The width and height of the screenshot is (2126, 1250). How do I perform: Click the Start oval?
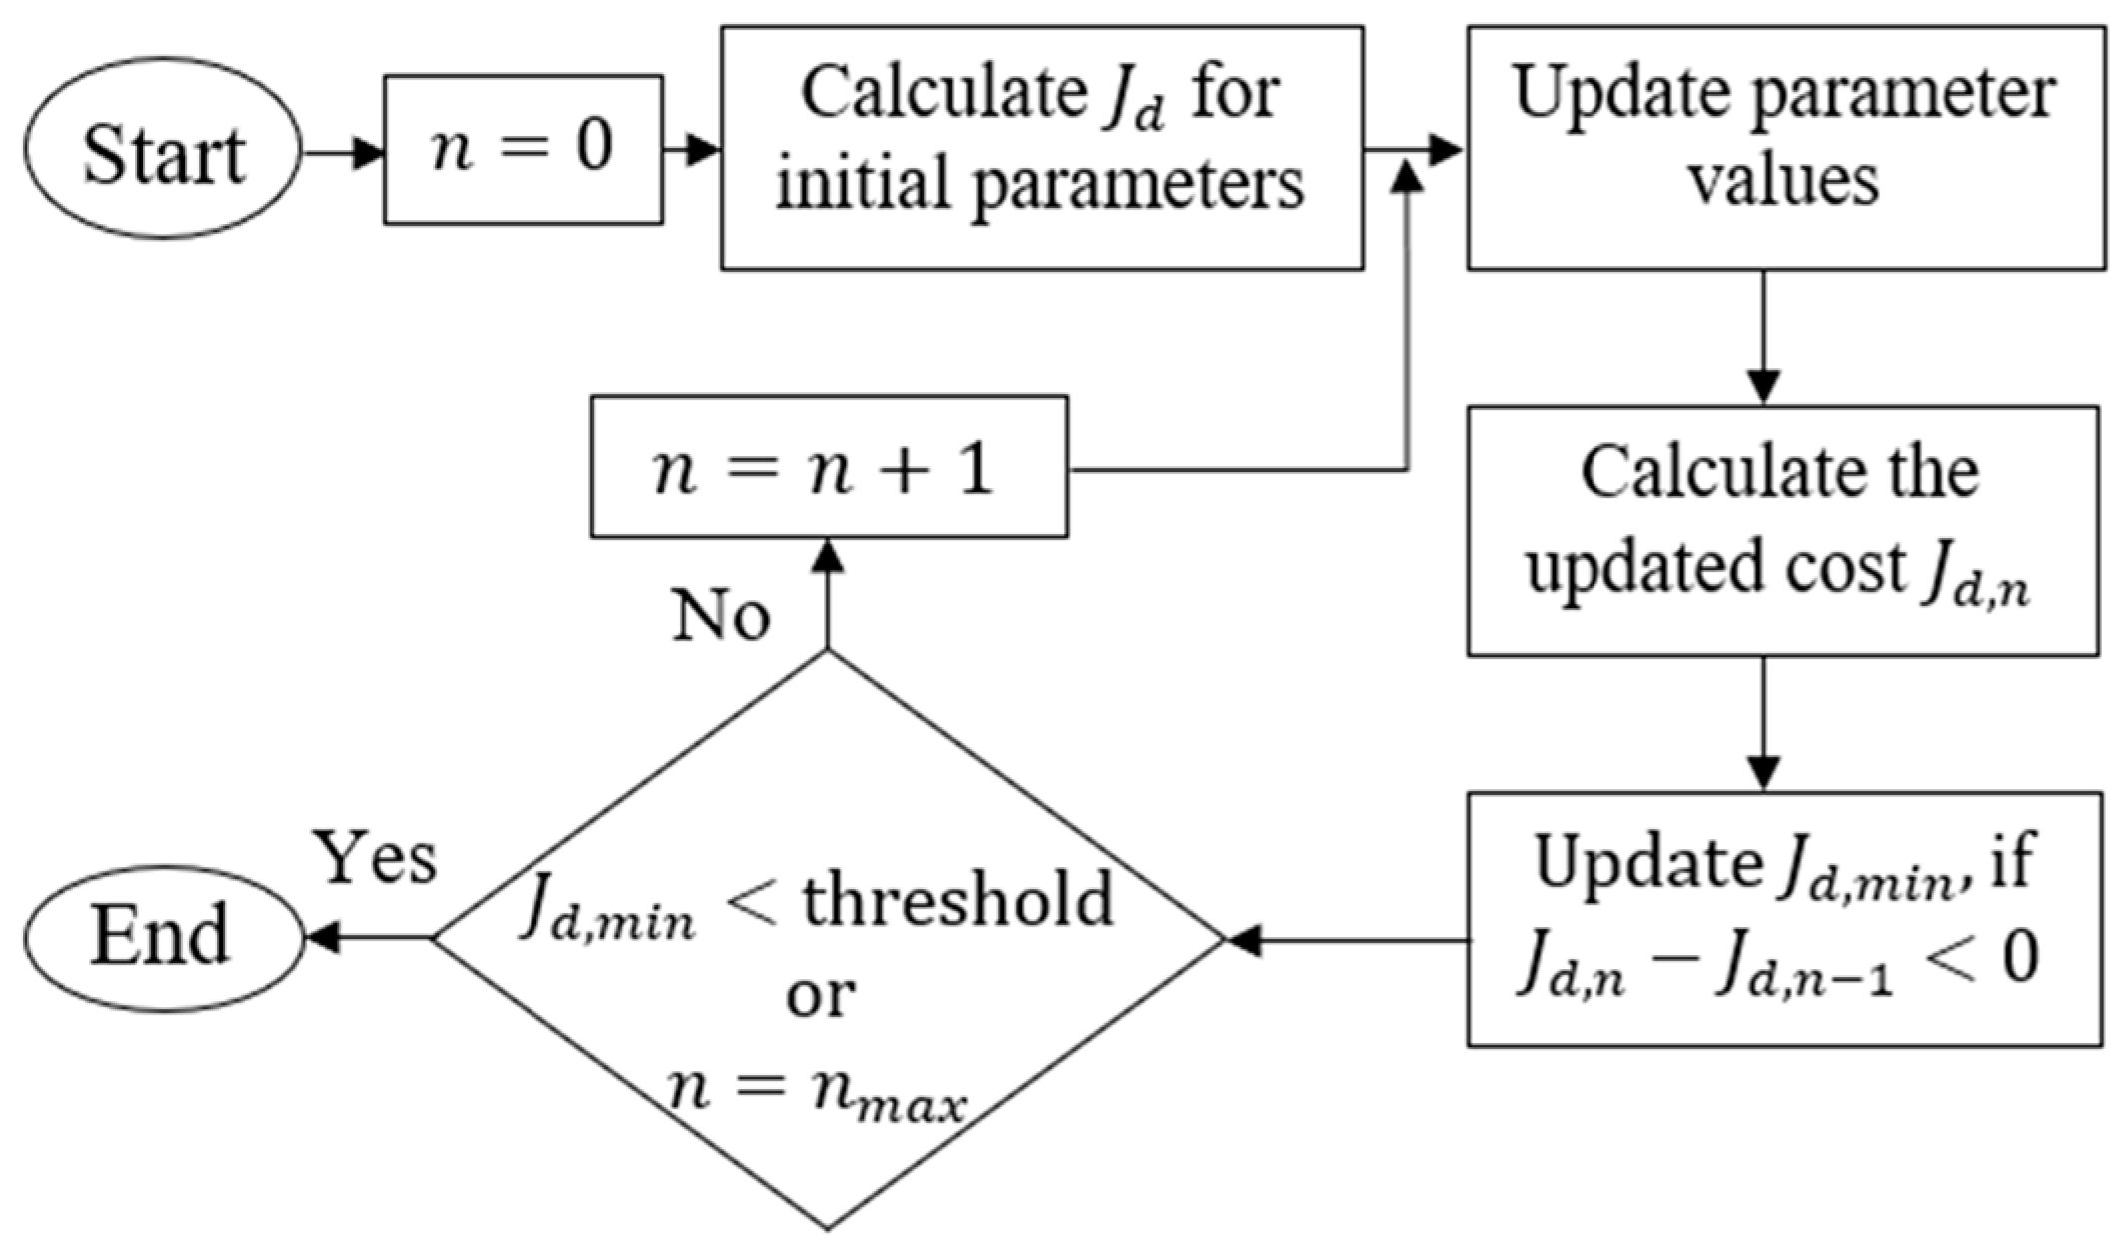click(x=162, y=149)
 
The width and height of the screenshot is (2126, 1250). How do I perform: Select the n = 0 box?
click(x=523, y=149)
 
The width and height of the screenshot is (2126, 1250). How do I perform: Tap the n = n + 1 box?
click(x=828, y=467)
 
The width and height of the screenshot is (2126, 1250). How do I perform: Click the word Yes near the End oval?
click(x=376, y=857)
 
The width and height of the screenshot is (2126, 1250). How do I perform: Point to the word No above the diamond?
click(x=721, y=616)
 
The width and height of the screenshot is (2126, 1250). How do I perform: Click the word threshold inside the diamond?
click(x=958, y=898)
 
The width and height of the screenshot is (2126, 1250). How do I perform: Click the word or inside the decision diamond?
click(x=821, y=995)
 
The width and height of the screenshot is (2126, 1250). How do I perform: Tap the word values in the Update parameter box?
click(x=1783, y=182)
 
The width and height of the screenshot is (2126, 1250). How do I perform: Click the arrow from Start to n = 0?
click(x=342, y=153)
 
